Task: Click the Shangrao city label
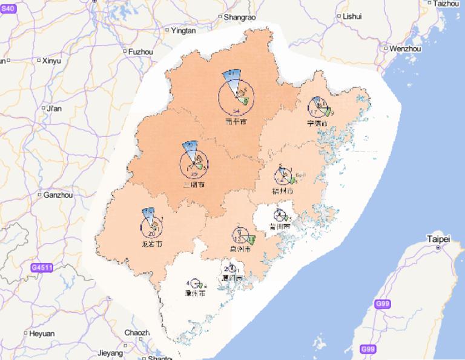coord(240,18)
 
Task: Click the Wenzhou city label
coord(405,48)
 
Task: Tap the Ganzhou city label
coord(58,195)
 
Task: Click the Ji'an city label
coord(54,108)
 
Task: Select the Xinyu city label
coord(51,61)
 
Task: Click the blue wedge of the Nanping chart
coord(232,78)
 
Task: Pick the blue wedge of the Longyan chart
coord(148,214)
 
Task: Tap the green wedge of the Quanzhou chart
coord(250,240)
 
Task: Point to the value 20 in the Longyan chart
coord(151,233)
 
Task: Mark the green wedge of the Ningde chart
coord(328,112)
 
